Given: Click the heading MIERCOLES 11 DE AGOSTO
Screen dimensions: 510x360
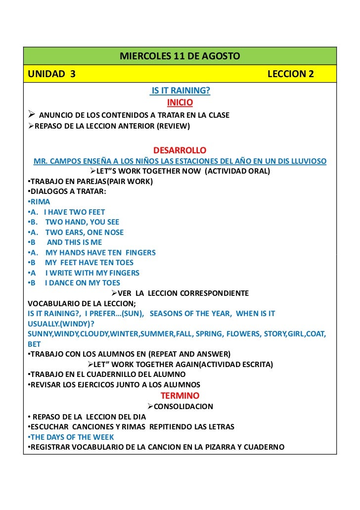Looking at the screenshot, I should tap(180, 56).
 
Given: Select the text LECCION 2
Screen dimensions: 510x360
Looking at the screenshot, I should tap(290, 74).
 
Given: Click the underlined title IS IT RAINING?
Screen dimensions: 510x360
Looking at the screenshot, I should tap(180, 91).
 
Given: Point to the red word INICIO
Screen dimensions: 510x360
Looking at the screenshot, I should tap(180, 103).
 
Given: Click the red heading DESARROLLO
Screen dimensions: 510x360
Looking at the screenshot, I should tap(180, 150).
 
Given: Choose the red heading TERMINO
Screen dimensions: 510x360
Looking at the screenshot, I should tap(180, 396).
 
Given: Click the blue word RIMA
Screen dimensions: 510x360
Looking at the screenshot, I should tap(40, 202).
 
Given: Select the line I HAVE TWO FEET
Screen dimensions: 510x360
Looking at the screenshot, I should tap(74, 212).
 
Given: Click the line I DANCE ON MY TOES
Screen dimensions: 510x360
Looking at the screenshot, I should tap(82, 283).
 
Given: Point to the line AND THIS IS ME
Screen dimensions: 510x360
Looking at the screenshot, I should tap(74, 242).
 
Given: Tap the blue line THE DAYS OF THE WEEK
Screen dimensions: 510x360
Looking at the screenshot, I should tap(72, 437).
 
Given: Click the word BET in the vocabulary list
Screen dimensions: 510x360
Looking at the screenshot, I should tap(34, 344).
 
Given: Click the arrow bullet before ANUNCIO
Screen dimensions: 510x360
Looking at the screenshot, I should tap(31, 115).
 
